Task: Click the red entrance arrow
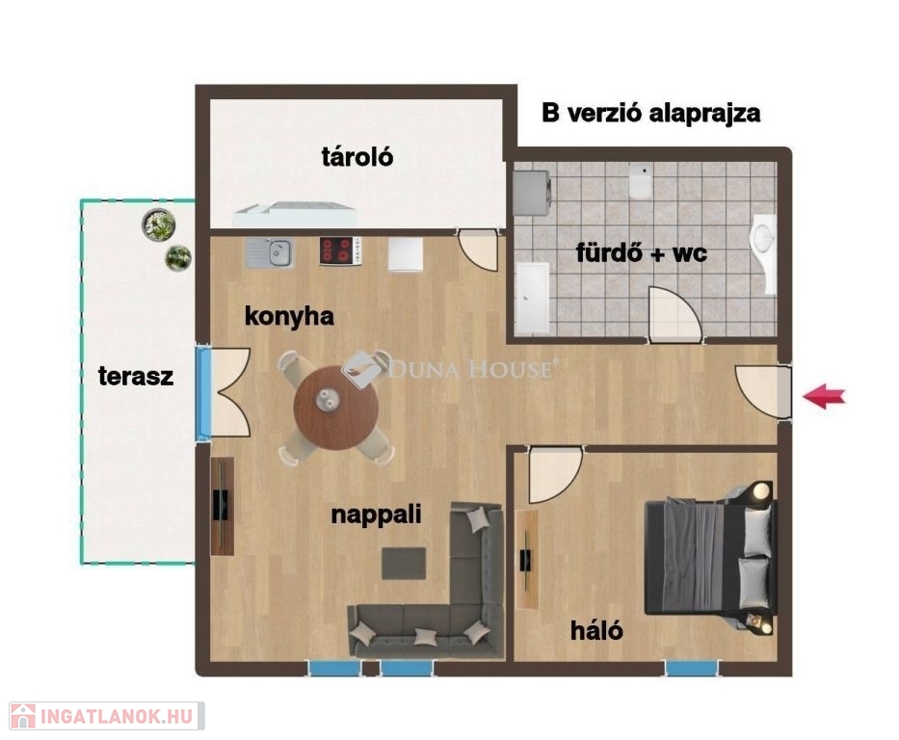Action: point(823,396)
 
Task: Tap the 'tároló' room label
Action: point(357,156)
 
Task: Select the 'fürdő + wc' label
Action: point(642,252)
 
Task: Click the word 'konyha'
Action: point(289,316)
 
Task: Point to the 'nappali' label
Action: point(376,515)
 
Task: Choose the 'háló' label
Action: point(596,630)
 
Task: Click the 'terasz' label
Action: point(136,377)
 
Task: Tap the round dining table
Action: point(336,409)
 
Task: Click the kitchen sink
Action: point(270,252)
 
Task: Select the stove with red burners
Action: point(340,251)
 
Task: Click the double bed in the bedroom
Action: point(711,556)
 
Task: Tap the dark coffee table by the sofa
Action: point(404,564)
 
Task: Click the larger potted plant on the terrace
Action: point(158,225)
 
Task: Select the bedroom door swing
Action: point(554,475)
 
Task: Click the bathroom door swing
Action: point(674,314)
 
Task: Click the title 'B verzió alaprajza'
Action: point(650,114)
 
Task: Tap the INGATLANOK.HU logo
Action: point(107,717)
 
